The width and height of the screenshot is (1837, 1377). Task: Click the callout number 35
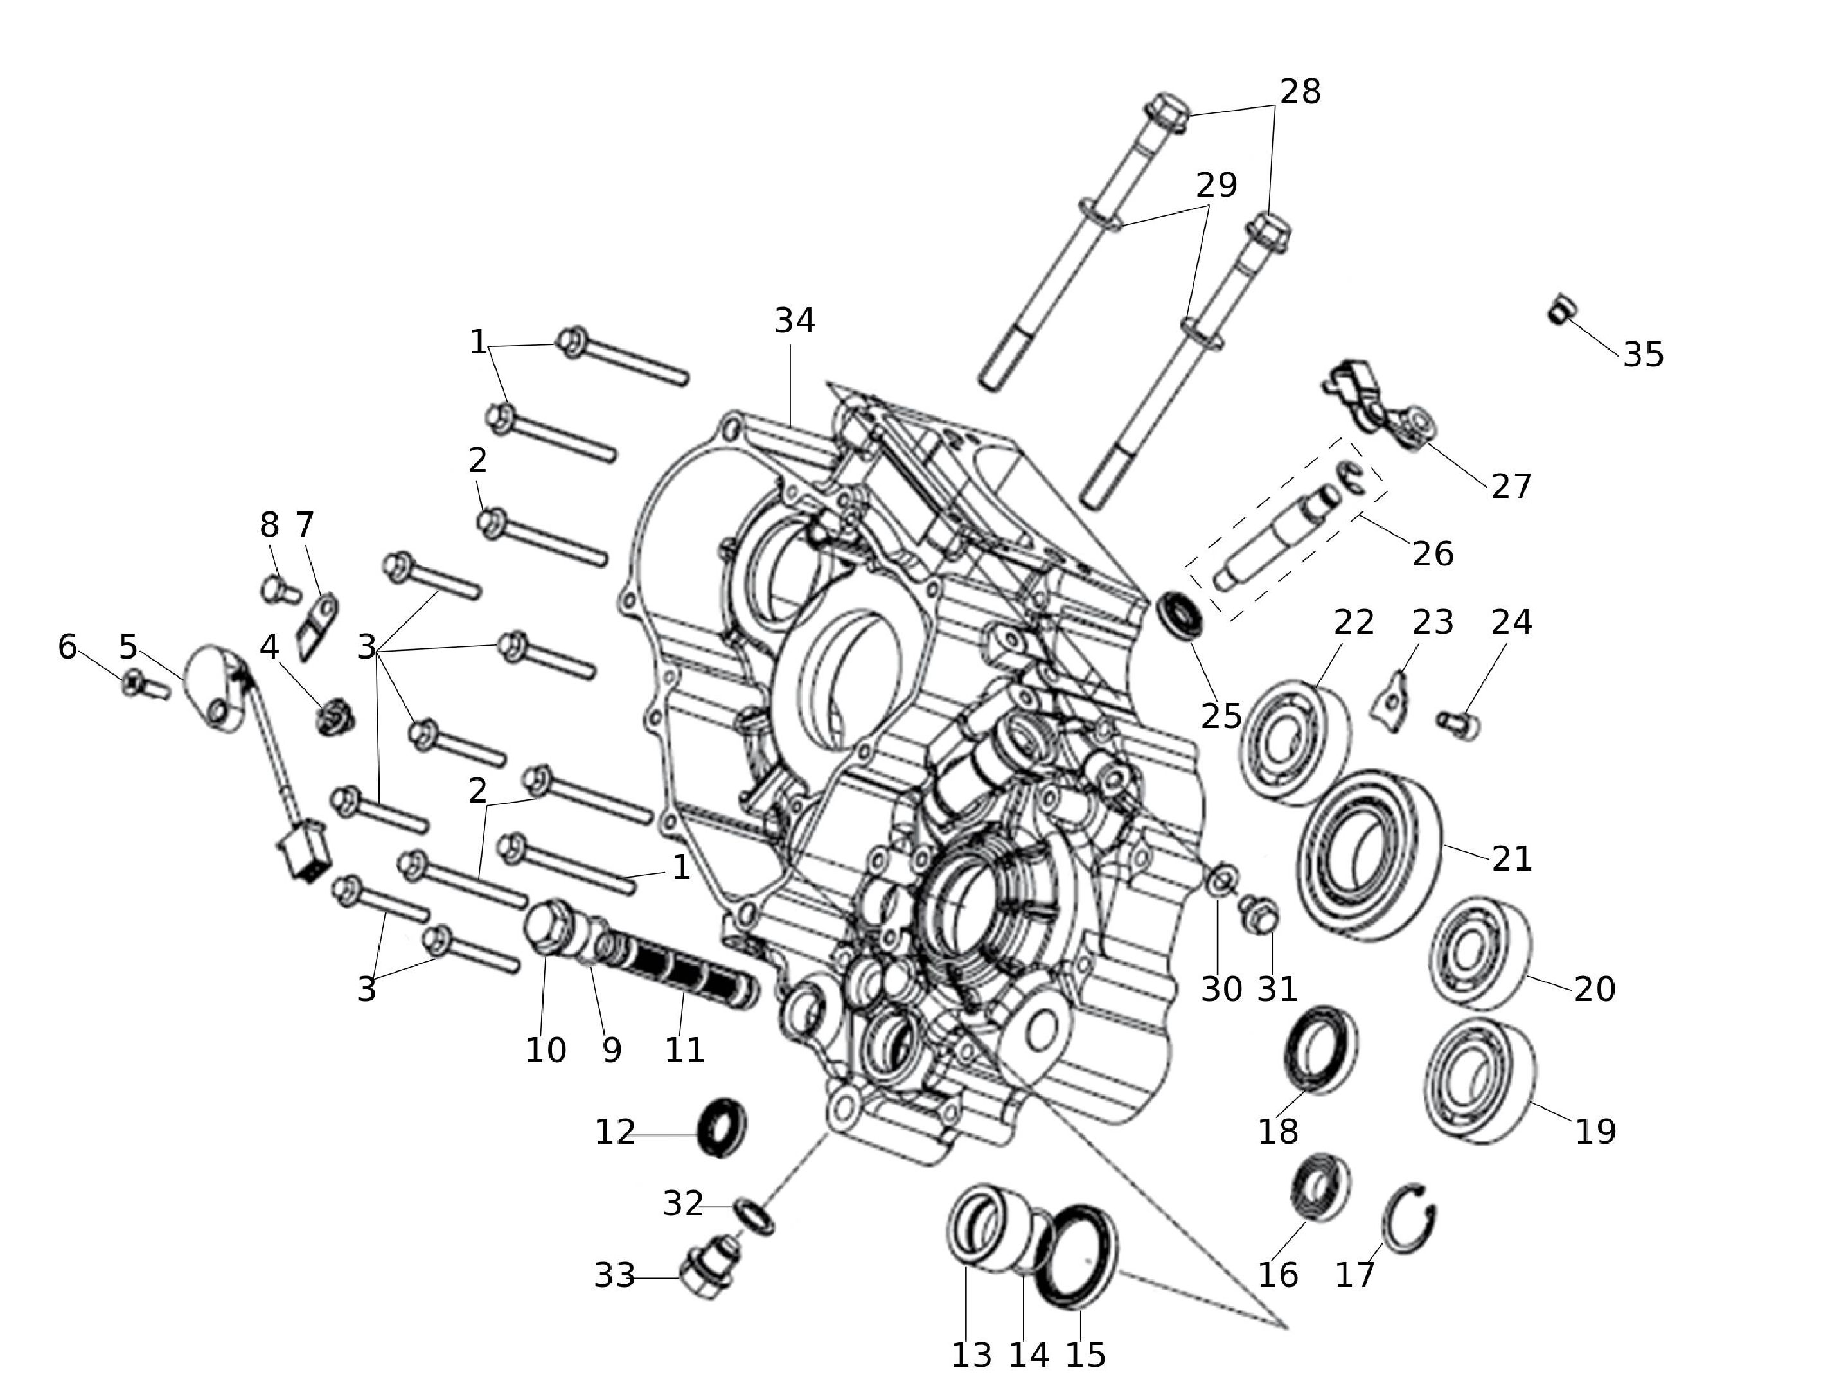pos(1644,355)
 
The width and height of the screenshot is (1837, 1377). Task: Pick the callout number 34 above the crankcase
pos(795,321)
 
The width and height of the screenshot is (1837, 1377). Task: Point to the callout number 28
pos(1300,92)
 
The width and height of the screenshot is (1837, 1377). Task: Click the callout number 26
pos(1433,554)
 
